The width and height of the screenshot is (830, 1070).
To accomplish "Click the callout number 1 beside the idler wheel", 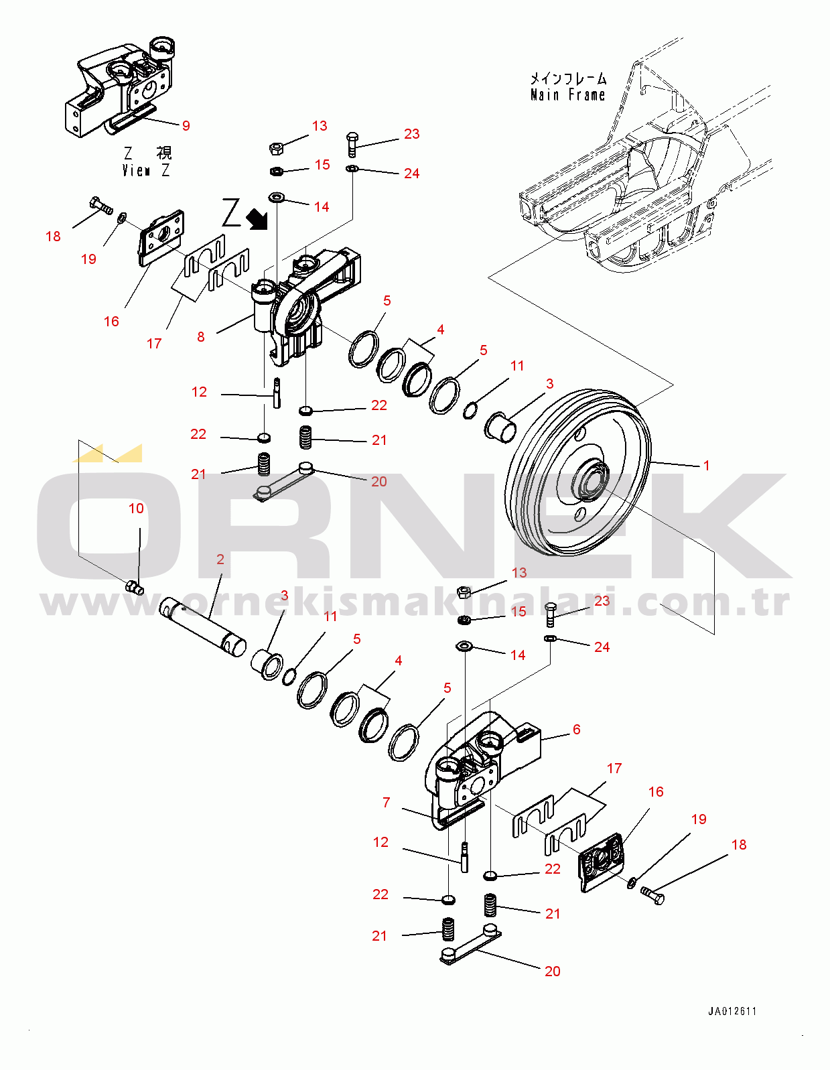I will [706, 465].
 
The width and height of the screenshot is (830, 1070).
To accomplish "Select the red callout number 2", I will [220, 559].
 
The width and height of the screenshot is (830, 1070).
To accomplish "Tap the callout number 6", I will [576, 729].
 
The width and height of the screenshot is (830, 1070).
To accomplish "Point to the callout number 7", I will [386, 802].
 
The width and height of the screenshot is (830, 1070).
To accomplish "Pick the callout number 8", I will [201, 337].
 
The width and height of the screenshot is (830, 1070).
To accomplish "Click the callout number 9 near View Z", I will [186, 125].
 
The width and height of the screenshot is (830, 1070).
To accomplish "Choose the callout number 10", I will [136, 509].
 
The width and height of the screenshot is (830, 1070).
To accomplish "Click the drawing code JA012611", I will [732, 1011].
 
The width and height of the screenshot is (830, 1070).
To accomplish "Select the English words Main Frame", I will [567, 95].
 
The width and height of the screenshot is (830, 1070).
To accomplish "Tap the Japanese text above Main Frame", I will [568, 78].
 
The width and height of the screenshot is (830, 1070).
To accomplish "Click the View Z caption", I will [146, 171].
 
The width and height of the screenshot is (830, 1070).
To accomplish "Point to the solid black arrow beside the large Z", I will [256, 218].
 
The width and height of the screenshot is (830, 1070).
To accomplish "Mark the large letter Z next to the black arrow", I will [231, 213].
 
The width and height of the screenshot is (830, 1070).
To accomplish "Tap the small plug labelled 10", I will [135, 588].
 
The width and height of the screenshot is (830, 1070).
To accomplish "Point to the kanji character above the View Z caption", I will [164, 153].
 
